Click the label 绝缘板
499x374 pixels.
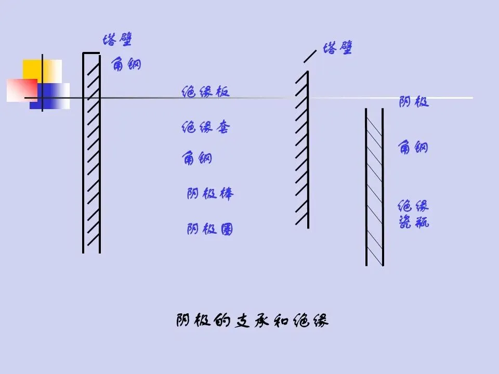click(205, 92)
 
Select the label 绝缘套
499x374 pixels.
click(205, 127)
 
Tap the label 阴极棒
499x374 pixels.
click(210, 194)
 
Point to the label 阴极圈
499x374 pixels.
click(210, 229)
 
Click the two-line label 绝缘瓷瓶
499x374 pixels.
click(414, 215)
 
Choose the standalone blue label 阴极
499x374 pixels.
click(414, 102)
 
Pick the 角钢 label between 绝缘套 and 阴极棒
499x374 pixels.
click(198, 157)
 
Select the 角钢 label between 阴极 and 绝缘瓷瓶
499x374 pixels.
click(414, 148)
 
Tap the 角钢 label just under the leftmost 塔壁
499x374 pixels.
click(126, 64)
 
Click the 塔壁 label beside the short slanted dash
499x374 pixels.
click(338, 49)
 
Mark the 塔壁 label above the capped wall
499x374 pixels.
click(117, 39)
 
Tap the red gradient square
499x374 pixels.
click(22, 90)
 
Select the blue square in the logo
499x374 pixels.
click(55, 96)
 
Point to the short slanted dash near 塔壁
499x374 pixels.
click(310, 56)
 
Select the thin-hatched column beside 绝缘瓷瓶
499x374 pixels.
click(374, 187)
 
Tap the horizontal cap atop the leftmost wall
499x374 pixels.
click(91, 53)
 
